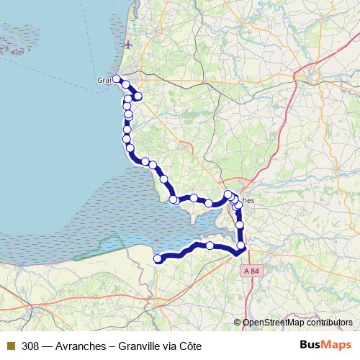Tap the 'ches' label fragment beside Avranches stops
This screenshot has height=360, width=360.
[x=246, y=201]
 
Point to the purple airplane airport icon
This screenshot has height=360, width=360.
[x=127, y=45]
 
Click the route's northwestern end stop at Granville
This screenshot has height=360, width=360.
[x=116, y=78]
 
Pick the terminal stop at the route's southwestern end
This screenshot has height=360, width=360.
[x=158, y=258]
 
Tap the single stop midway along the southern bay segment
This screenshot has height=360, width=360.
[x=210, y=246]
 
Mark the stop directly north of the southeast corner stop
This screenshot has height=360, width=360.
[x=240, y=225]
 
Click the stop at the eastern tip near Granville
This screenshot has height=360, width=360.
[x=138, y=96]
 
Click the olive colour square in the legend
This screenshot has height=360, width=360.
[x=11, y=346]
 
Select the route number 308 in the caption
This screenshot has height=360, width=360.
[x=30, y=346]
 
